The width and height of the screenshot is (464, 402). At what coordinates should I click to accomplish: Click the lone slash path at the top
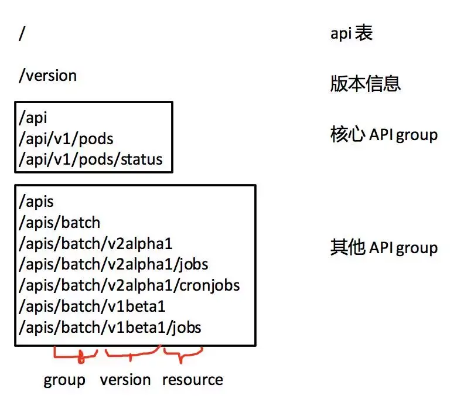(x=22, y=33)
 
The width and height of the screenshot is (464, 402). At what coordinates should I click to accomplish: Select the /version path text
(x=48, y=76)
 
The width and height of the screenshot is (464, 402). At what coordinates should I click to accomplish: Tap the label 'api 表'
(x=352, y=33)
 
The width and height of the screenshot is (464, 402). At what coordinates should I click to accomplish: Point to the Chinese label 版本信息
(x=366, y=83)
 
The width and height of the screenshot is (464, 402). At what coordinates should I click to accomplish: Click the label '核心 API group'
(x=384, y=135)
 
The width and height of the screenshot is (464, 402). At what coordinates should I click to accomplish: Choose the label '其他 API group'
(x=384, y=247)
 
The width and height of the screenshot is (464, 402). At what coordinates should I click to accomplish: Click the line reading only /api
(x=33, y=118)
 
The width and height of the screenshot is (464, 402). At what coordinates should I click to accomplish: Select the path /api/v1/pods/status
(x=91, y=159)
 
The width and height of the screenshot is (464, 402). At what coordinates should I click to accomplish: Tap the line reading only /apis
(x=36, y=202)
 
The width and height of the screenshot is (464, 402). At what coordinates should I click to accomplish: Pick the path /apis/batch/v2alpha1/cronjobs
(x=129, y=285)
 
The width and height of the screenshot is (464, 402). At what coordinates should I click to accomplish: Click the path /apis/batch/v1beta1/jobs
(x=110, y=328)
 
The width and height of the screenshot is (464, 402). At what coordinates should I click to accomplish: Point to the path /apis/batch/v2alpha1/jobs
(x=113, y=265)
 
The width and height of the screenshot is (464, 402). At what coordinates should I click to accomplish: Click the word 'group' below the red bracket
(x=64, y=380)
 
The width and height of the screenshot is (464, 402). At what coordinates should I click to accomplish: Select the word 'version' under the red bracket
(x=125, y=380)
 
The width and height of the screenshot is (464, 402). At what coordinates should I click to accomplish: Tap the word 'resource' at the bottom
(x=193, y=380)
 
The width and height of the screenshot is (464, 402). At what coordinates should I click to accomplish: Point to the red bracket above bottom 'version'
(x=131, y=355)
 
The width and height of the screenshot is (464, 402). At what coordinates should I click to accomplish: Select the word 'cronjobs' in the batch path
(x=210, y=285)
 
